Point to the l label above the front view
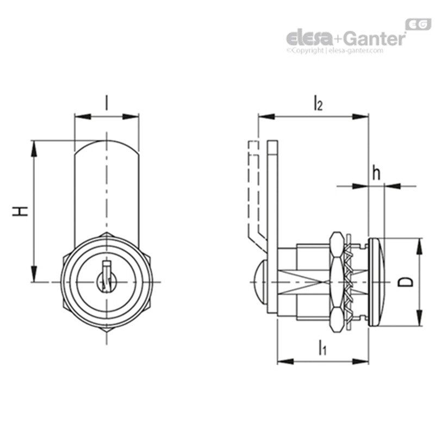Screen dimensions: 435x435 coord(107,102)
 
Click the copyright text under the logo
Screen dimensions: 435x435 coord(335,50)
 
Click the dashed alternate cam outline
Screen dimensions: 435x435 coord(252,190)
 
